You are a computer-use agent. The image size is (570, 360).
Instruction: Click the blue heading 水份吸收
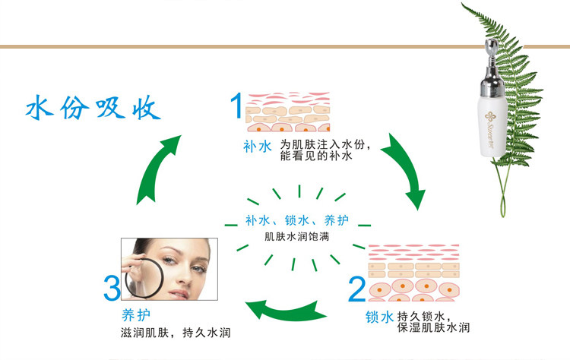coord(94,109)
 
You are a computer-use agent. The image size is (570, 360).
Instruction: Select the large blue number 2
coord(356,289)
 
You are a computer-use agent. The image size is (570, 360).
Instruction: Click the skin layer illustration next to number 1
coord(284,112)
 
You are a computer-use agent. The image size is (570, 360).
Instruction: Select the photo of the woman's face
coord(169,270)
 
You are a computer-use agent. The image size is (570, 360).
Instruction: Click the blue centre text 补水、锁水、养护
coord(296,220)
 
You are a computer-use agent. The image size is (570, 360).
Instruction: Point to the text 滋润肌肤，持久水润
coord(176,333)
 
